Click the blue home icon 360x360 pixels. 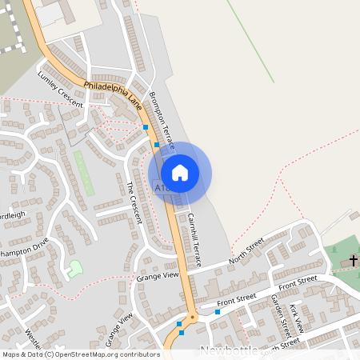point(180,173)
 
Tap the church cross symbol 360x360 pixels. point(353,261)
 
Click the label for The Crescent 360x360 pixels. point(133,202)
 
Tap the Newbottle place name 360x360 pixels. point(230,350)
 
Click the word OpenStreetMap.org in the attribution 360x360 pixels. point(86,354)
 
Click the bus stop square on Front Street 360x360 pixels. point(218,313)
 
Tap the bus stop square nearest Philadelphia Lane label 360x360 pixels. point(145,126)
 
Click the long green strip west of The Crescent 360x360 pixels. point(83,171)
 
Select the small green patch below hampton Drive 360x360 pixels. point(74,269)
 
